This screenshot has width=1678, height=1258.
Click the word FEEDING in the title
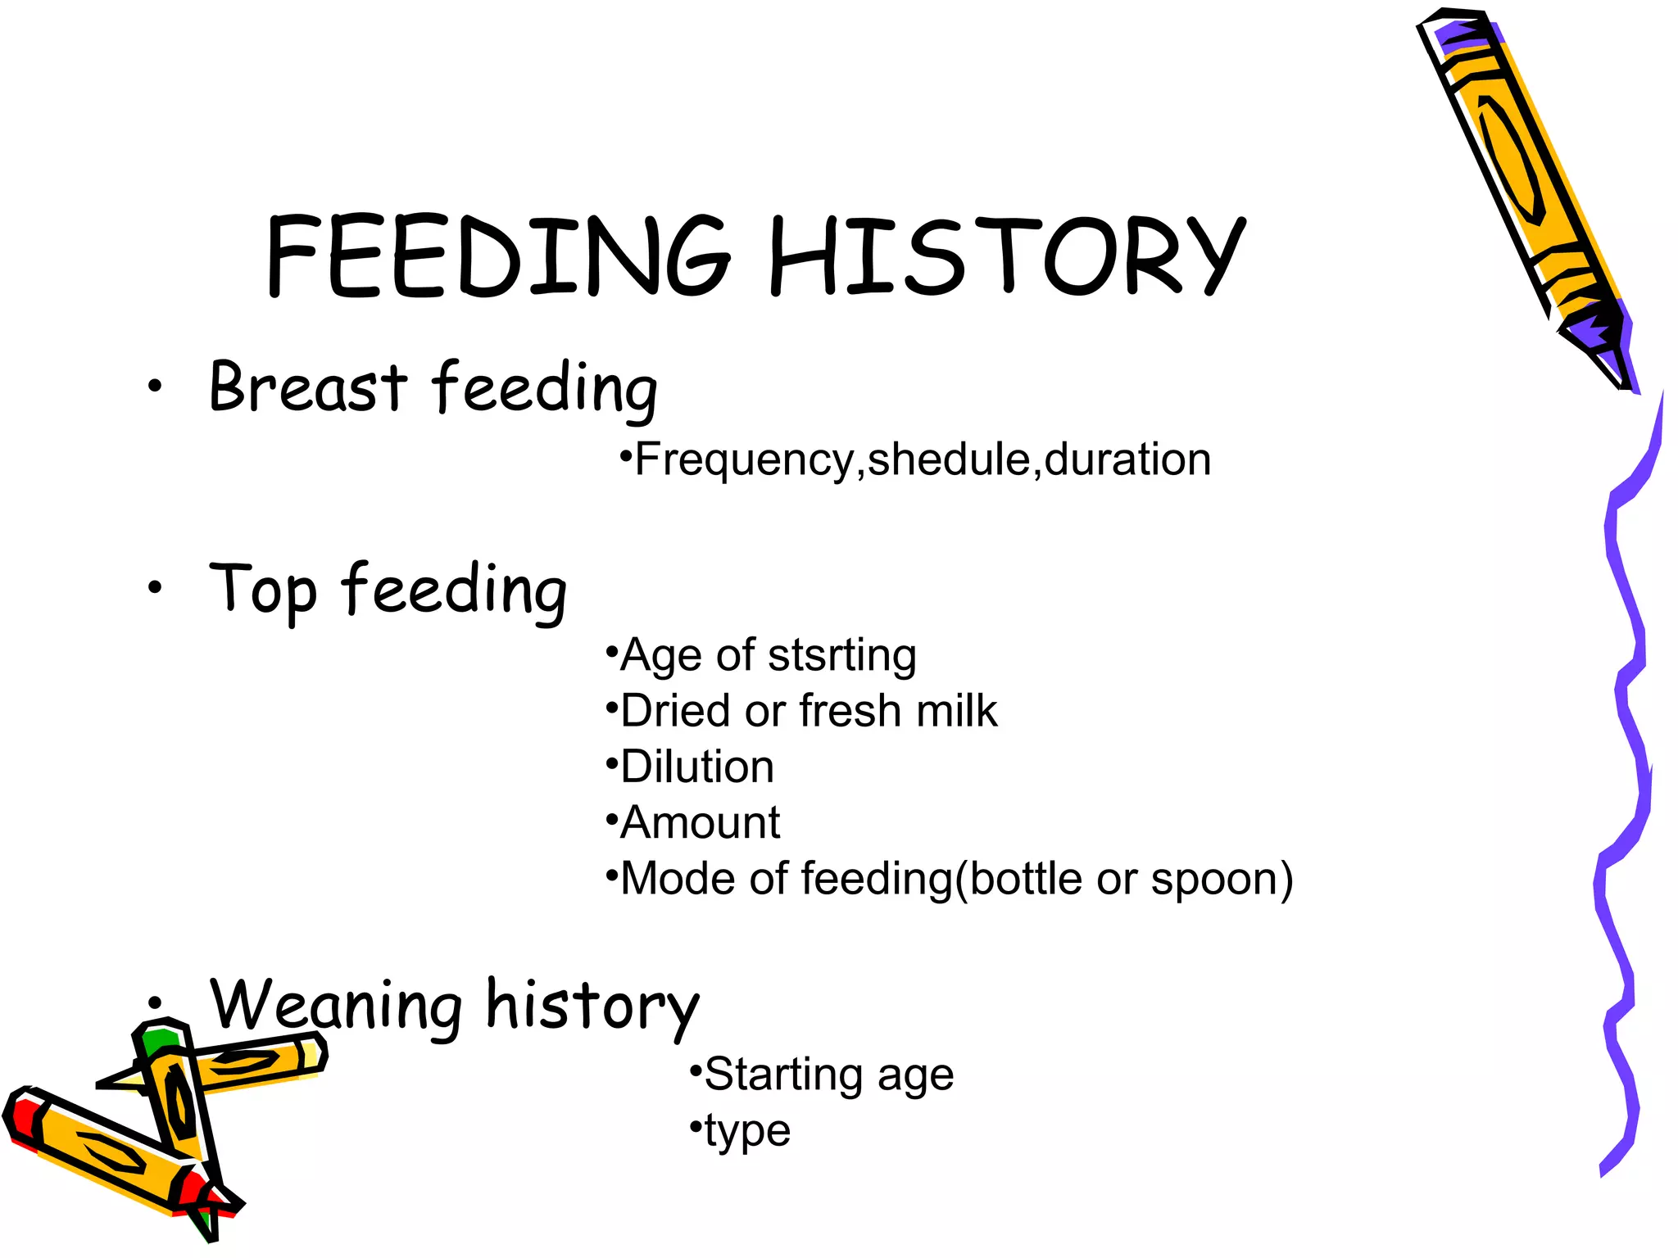(497, 256)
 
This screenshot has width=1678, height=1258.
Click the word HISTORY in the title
(1007, 256)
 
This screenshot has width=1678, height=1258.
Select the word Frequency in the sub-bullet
(745, 459)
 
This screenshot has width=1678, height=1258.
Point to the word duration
(1127, 459)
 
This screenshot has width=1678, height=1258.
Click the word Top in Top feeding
(263, 590)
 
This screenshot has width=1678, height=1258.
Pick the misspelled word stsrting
(842, 655)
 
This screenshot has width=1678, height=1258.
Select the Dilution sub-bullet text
(697, 767)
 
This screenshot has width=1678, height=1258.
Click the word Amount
(701, 822)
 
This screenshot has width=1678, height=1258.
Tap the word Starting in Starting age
(783, 1075)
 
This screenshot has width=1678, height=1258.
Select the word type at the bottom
(747, 1131)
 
